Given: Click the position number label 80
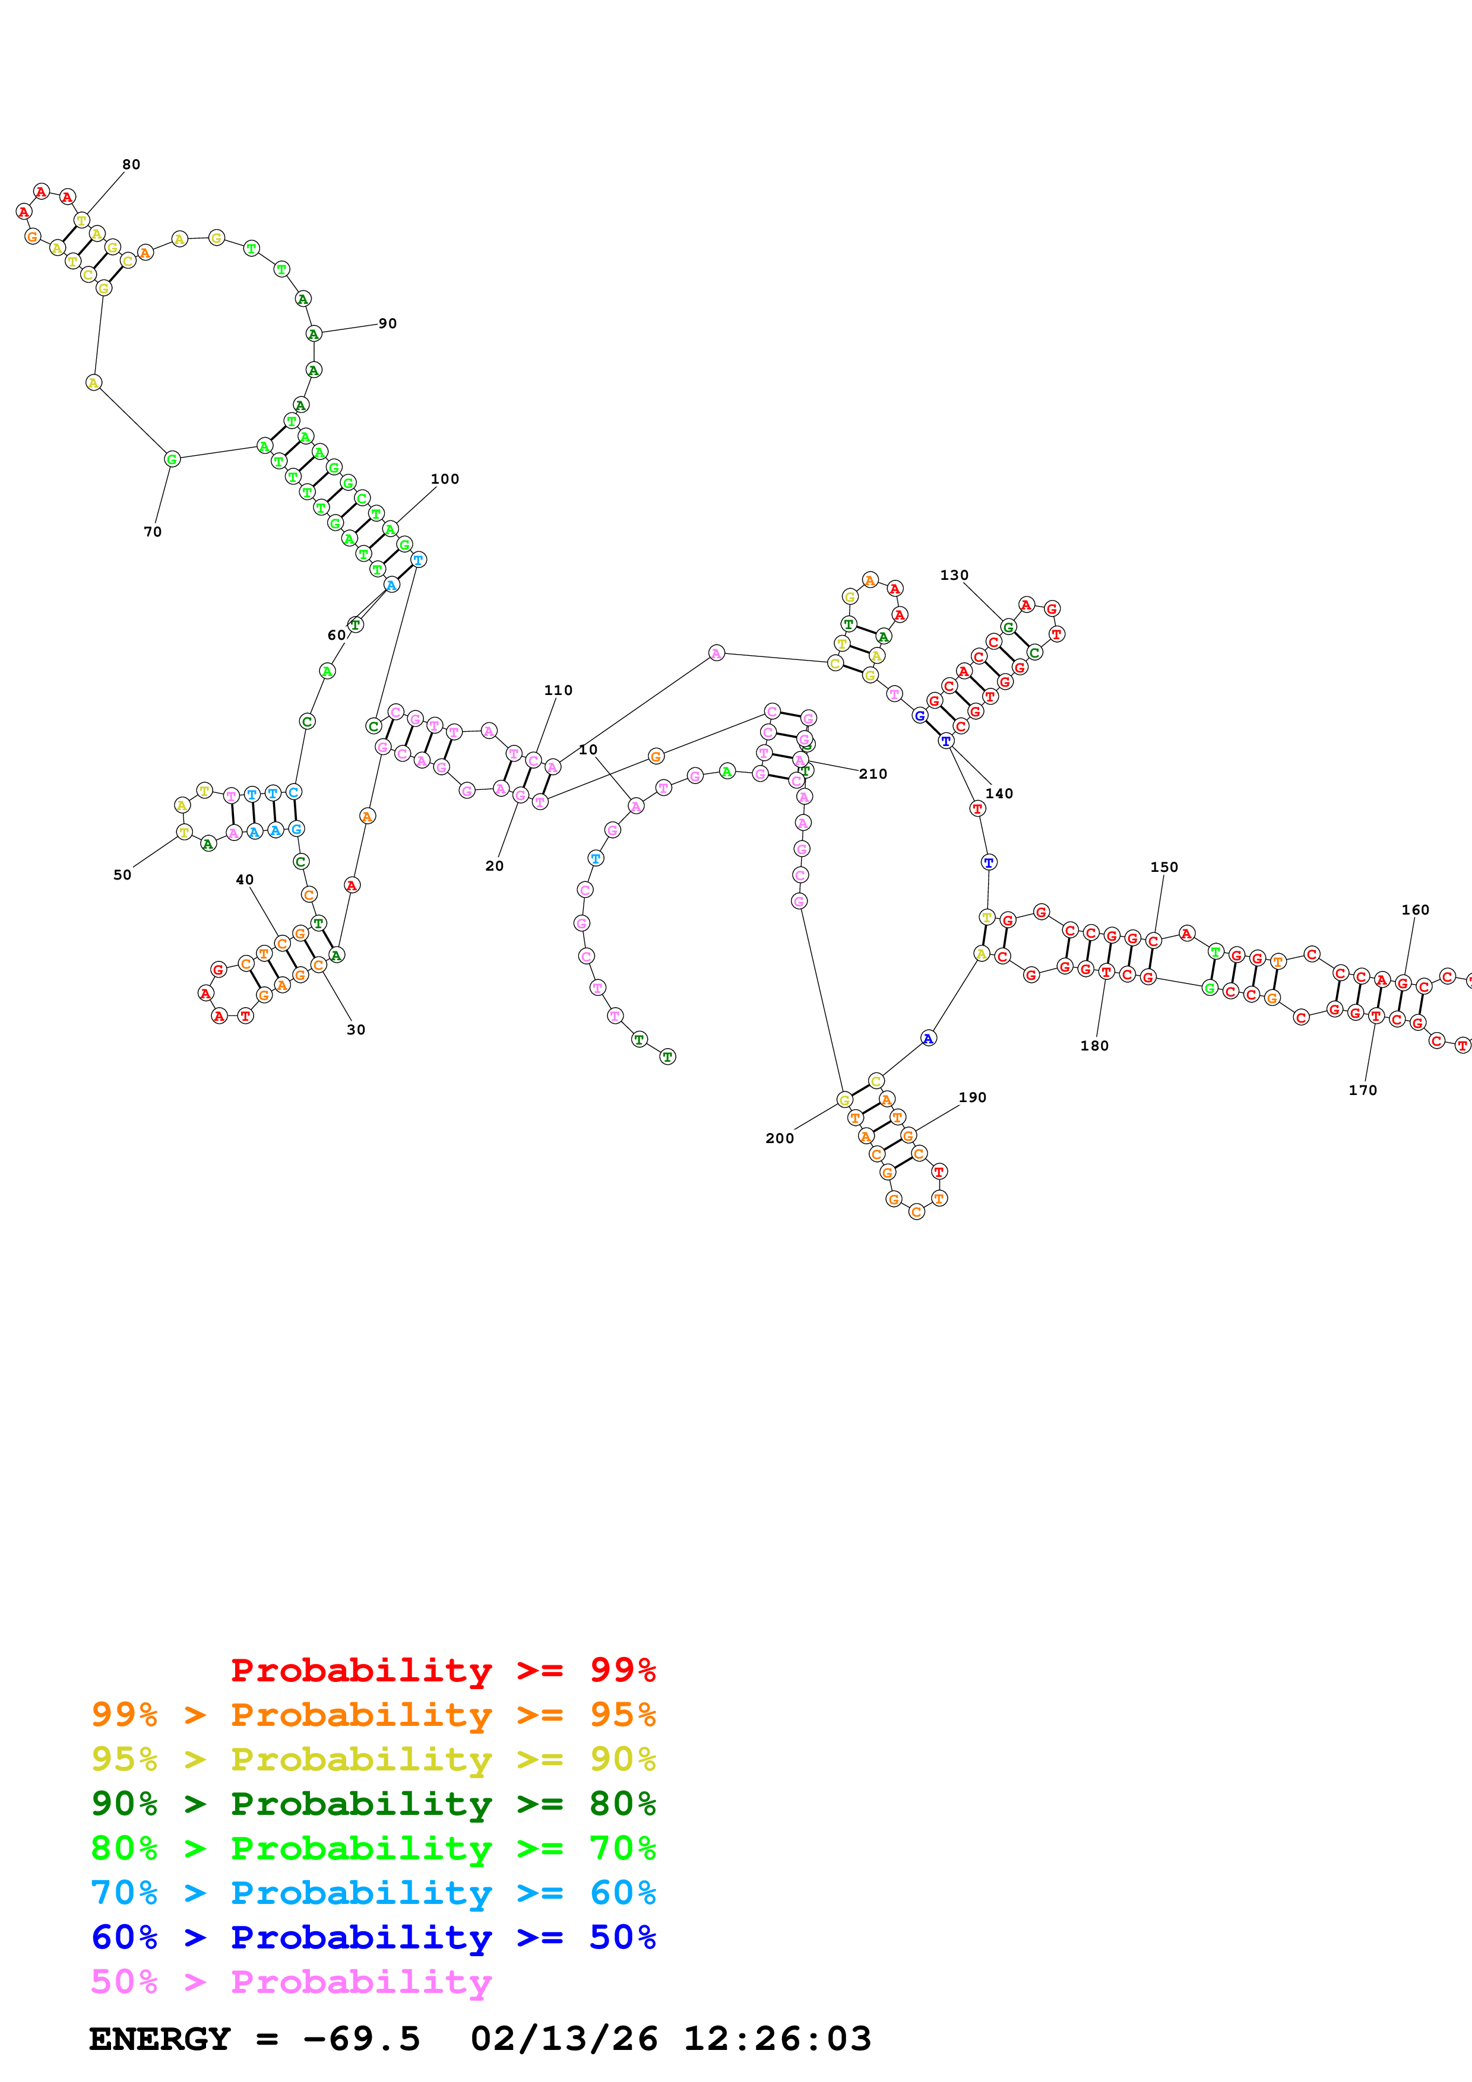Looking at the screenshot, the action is [131, 164].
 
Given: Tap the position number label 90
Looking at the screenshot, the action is [387, 323].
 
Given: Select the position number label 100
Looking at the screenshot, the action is [444, 479].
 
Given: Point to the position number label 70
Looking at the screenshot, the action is [153, 531].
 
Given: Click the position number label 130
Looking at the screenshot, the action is [954, 575].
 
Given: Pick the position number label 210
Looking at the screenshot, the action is [872, 773].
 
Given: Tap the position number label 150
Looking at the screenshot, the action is [1164, 867].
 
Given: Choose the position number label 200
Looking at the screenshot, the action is [779, 1138].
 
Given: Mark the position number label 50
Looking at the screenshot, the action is [122, 875].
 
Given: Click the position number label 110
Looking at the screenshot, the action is [558, 690].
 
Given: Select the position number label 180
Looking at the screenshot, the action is [1094, 1046].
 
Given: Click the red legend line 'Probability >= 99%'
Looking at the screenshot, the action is [442, 1670].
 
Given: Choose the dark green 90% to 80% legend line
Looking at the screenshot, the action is [373, 1804].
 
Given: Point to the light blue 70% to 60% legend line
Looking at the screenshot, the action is [373, 1893].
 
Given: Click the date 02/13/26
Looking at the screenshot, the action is [564, 2039].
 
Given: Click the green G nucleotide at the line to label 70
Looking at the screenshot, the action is [172, 459].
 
